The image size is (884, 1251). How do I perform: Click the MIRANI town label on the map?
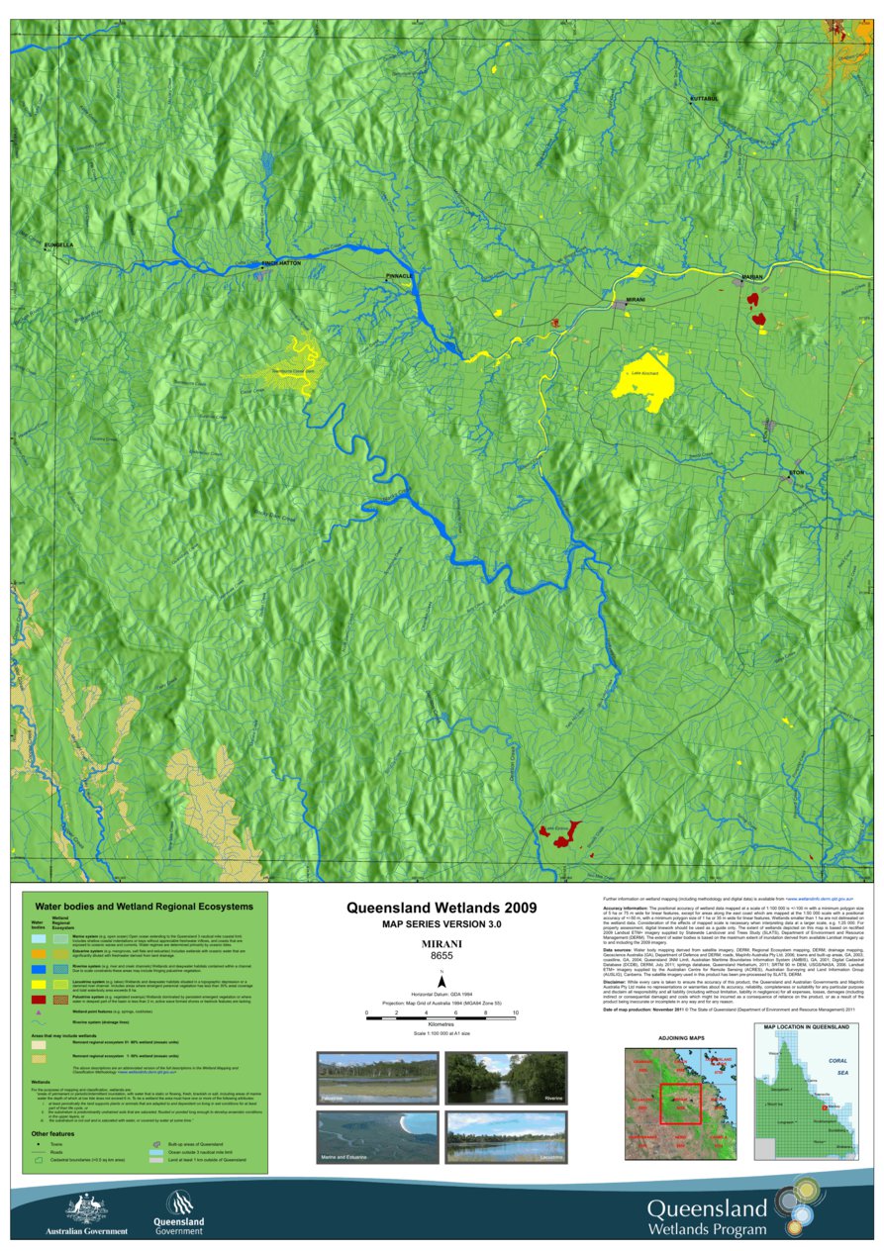(x=636, y=298)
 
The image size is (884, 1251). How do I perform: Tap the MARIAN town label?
(x=752, y=277)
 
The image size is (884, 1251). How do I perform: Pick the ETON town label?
(x=798, y=473)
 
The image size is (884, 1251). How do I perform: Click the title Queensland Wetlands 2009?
(x=442, y=907)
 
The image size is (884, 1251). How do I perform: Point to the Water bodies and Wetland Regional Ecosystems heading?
(x=144, y=906)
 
